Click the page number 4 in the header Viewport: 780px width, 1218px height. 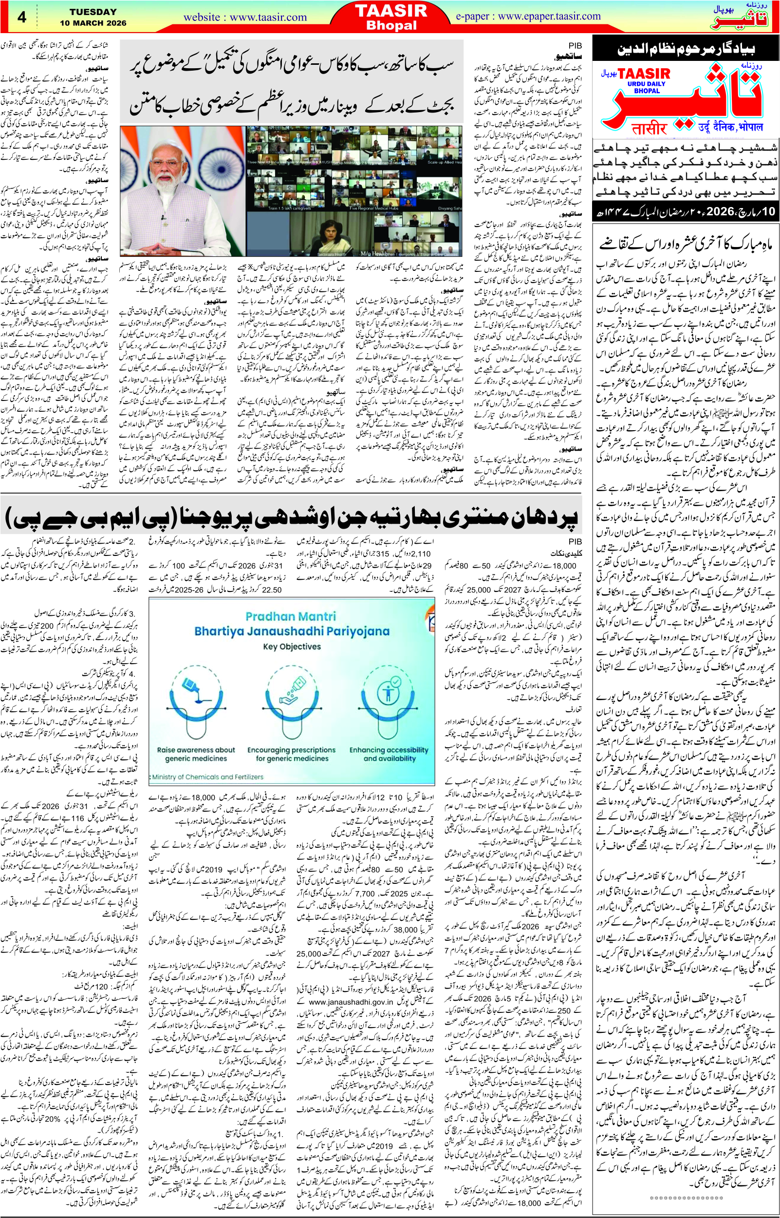[22, 17]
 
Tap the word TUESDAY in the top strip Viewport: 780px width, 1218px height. [93, 12]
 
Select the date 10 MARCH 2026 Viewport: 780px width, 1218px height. [93, 23]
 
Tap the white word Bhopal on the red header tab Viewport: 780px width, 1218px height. [391, 25]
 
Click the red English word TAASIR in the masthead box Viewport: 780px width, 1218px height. [644, 75]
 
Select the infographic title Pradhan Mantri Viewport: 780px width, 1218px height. [290, 616]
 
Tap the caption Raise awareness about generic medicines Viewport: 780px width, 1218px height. [196, 754]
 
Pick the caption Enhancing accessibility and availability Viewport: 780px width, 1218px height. [389, 754]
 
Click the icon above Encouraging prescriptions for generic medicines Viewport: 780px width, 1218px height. [291, 699]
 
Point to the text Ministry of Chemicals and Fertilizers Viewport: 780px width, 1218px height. [208, 777]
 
